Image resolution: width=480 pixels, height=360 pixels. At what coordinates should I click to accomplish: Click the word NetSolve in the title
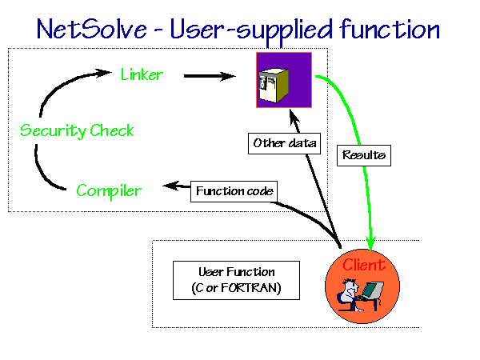pyautogui.click(x=91, y=29)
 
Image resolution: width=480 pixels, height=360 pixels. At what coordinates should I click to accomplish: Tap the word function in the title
pyautogui.click(x=390, y=29)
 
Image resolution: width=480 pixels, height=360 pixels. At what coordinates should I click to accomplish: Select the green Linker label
pyautogui.click(x=142, y=74)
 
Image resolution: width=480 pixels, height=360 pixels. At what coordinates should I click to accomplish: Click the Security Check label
pyautogui.click(x=77, y=130)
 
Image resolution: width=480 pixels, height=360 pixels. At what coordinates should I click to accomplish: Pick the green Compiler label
pyautogui.click(x=109, y=191)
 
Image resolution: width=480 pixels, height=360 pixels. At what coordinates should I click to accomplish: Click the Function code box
pyautogui.click(x=234, y=191)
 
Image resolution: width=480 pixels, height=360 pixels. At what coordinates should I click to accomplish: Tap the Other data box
pyautogui.click(x=284, y=143)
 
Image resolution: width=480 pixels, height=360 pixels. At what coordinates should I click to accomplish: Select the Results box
pyautogui.click(x=364, y=155)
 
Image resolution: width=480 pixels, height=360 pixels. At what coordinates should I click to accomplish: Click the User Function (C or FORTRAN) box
pyautogui.click(x=236, y=280)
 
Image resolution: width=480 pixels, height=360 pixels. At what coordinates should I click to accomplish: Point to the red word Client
pyautogui.click(x=364, y=265)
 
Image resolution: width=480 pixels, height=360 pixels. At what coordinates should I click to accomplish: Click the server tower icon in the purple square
pyautogui.click(x=274, y=85)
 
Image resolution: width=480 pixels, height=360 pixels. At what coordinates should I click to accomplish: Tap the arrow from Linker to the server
pyautogui.click(x=210, y=76)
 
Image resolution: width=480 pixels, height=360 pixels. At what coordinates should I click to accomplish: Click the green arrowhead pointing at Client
pyautogui.click(x=370, y=244)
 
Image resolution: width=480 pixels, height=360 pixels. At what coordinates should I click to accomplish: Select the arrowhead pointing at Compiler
pyautogui.click(x=171, y=186)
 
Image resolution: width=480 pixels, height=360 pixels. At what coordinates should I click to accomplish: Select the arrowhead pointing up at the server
pyautogui.click(x=294, y=117)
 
